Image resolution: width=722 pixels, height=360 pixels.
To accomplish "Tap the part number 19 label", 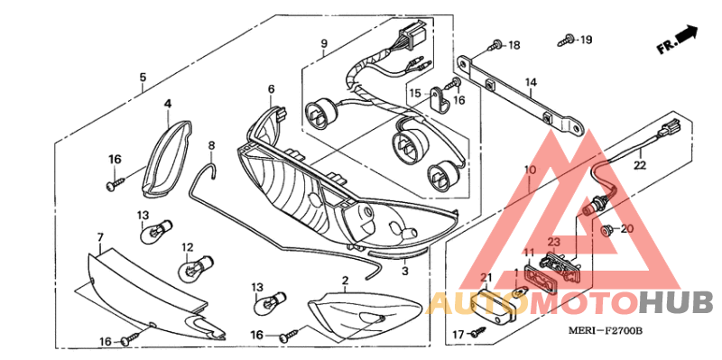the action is click(585, 40).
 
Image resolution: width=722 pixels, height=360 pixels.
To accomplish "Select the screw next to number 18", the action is click(495, 46).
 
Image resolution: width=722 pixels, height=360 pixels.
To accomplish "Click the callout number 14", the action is click(531, 82).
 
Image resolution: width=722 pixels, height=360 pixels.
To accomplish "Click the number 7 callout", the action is click(100, 238).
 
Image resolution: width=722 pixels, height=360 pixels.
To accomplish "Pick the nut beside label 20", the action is click(607, 229).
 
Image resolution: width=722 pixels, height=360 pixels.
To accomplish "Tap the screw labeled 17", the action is click(477, 331).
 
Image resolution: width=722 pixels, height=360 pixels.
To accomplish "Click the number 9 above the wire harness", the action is click(324, 44).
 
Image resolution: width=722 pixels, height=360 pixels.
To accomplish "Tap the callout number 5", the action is click(143, 78).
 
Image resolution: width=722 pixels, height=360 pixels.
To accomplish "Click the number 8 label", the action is click(211, 146).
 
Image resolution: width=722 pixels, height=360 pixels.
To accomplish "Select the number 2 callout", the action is click(345, 281).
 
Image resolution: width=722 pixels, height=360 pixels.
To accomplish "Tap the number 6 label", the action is click(271, 88).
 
